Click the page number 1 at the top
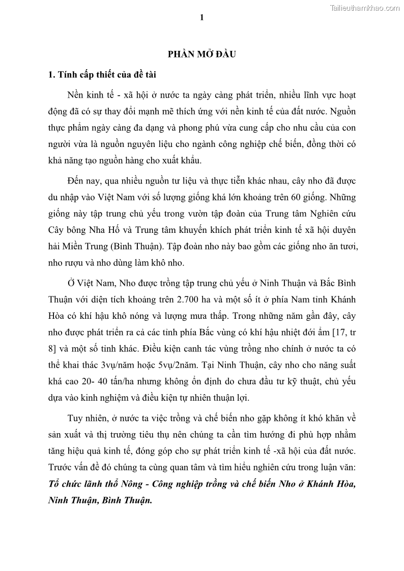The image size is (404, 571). tap(202, 18)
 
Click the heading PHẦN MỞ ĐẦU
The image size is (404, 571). tap(202, 54)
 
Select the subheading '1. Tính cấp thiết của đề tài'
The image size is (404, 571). tap(102, 75)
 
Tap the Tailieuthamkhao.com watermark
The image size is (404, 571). tap(365, 8)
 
